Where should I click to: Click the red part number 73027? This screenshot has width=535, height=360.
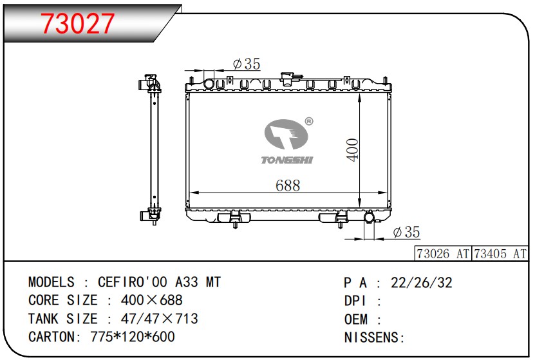click(x=77, y=24)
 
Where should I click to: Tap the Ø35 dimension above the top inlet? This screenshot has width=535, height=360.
click(x=247, y=64)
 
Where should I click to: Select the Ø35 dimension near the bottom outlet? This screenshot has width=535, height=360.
click(x=406, y=232)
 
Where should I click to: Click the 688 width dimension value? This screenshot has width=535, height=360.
click(x=288, y=185)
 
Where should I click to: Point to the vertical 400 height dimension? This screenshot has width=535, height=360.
click(x=352, y=150)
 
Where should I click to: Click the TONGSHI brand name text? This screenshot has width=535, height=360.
click(x=286, y=160)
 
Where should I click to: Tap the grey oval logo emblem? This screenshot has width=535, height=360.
click(x=286, y=134)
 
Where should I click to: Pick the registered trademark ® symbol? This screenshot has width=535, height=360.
click(x=309, y=121)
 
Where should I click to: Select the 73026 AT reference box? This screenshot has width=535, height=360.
click(x=443, y=254)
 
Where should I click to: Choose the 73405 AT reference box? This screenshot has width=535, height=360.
click(x=500, y=254)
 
